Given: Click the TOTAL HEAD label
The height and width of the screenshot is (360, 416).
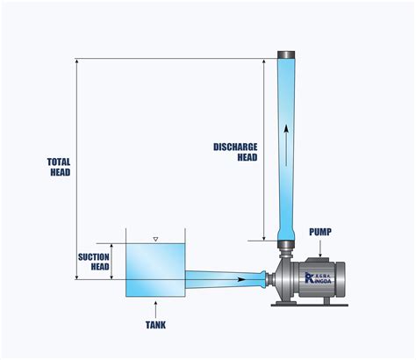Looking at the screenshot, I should click(60, 167).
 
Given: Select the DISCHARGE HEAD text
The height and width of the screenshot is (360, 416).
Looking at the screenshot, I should click(235, 151).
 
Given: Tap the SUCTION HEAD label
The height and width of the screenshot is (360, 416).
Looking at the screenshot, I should click(93, 261).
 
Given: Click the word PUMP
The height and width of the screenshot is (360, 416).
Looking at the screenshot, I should click(320, 232).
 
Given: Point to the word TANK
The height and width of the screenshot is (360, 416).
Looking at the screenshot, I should click(155, 324).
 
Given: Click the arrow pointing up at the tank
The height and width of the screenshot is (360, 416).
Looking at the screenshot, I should click(155, 307).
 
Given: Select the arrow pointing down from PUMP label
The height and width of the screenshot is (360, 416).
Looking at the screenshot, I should click(320, 248).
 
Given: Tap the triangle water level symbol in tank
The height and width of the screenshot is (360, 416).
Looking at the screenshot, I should click(155, 239).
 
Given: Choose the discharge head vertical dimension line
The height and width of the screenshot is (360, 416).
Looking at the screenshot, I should click(264, 149).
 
